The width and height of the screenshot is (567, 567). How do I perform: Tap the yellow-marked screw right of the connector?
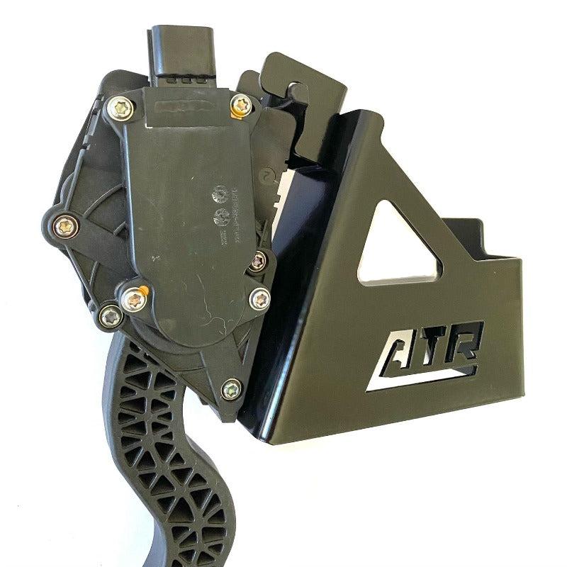click(242, 106)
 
